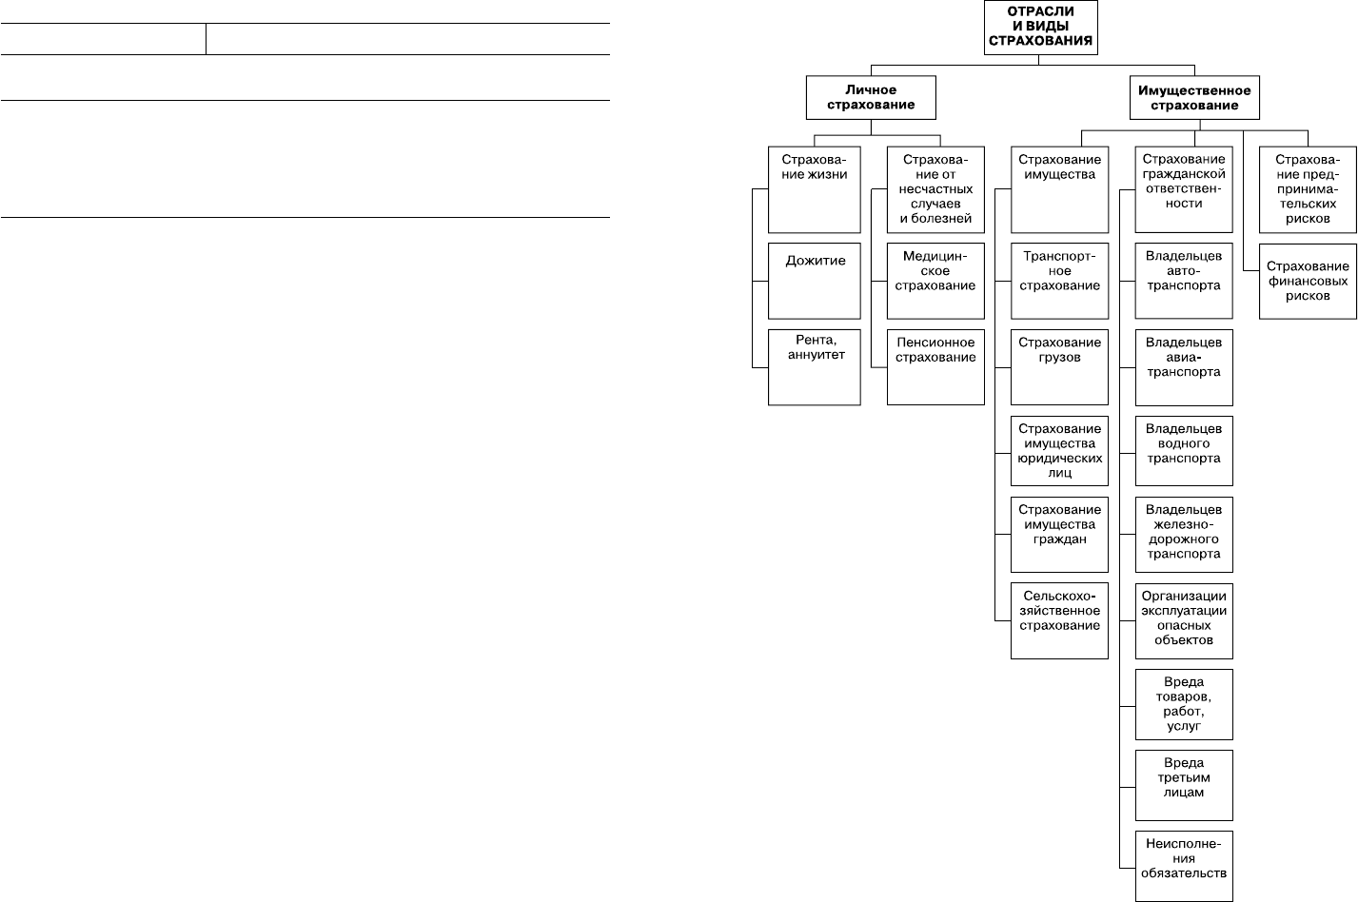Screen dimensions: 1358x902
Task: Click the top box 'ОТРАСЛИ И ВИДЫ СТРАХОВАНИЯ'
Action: (1040, 28)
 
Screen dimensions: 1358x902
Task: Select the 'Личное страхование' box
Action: (871, 97)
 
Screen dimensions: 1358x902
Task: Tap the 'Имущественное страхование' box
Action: (1194, 97)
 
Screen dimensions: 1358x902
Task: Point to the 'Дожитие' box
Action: (815, 281)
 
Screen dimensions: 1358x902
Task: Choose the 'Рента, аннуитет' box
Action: (815, 366)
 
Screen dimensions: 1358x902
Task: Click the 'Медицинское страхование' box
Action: (935, 281)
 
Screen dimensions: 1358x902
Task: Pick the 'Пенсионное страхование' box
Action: (935, 366)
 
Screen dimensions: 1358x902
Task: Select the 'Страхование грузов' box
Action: (1059, 366)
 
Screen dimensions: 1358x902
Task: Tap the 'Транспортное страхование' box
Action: (1059, 281)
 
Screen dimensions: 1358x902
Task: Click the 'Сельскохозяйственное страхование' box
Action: (1059, 620)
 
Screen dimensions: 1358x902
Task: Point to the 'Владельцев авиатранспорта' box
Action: (1184, 367)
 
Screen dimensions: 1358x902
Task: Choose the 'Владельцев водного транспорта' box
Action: (1184, 450)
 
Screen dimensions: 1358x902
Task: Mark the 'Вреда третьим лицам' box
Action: (1184, 785)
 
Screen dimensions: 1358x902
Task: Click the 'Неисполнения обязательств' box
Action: (1184, 866)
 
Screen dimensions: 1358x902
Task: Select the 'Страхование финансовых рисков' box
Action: (1308, 282)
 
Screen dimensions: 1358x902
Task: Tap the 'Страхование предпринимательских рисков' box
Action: (1308, 189)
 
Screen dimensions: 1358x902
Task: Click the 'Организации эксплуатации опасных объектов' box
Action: (1184, 620)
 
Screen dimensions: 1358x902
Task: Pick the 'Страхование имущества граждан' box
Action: (1059, 534)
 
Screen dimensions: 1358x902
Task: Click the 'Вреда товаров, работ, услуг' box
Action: (1184, 704)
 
